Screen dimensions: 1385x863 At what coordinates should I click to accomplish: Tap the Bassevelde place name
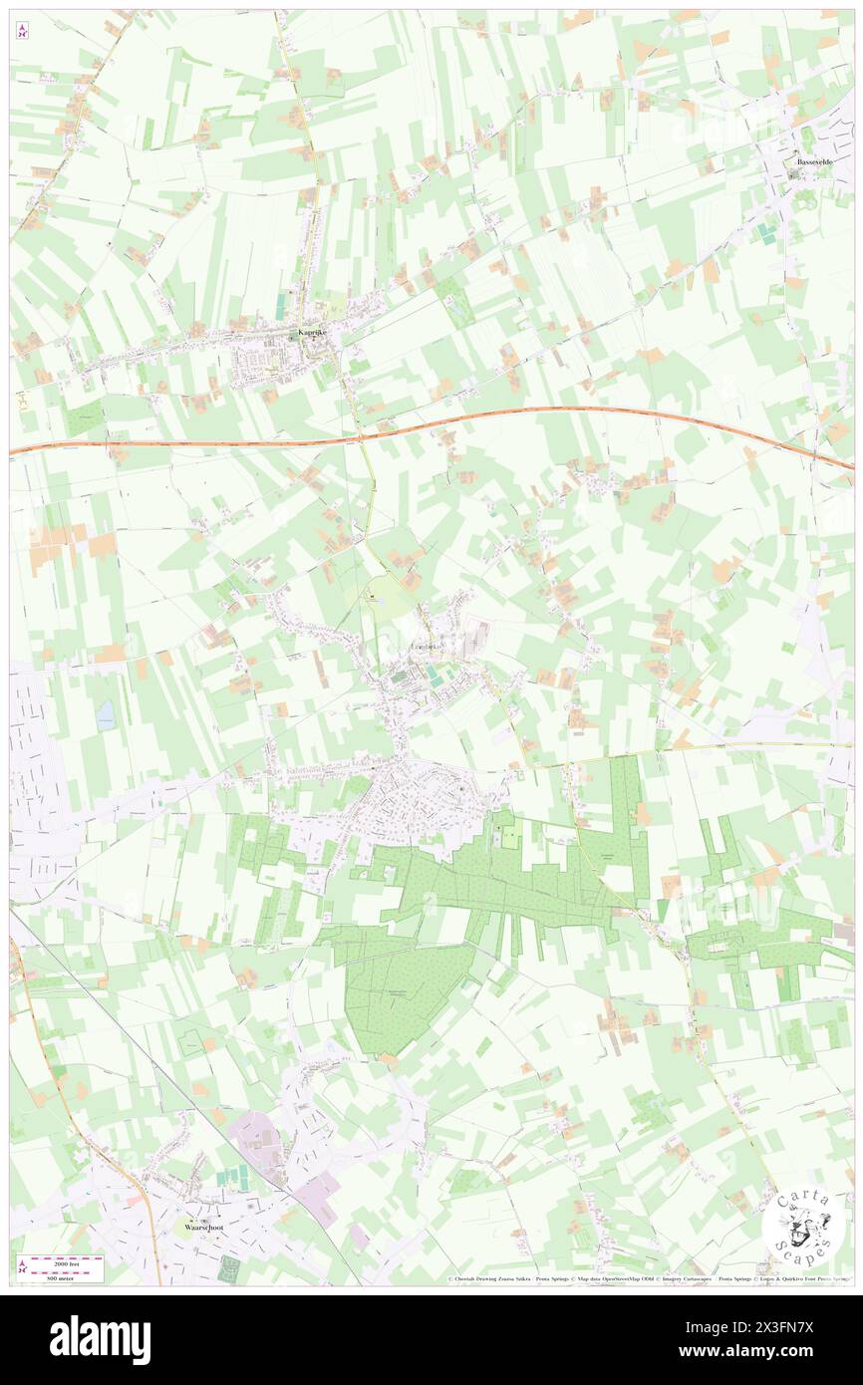tap(813, 161)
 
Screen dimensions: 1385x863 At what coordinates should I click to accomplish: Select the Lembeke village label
tap(431, 650)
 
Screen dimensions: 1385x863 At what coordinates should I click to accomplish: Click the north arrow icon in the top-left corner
tap(22, 33)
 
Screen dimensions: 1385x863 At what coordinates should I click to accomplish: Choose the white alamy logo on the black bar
tap(100, 1339)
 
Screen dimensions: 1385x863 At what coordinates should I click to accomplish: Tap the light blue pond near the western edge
tap(105, 712)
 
